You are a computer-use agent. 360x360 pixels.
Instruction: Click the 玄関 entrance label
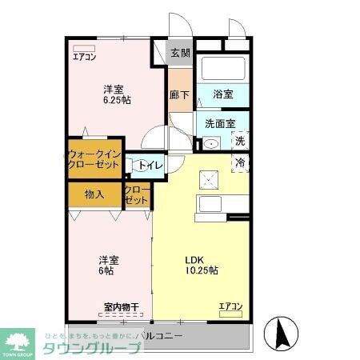point(180,54)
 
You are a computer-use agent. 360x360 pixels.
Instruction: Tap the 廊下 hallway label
point(180,94)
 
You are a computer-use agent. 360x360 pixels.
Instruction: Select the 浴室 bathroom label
point(222,94)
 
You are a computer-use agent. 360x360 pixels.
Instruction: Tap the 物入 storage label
point(94,194)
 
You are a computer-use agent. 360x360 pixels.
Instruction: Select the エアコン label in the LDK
point(230,306)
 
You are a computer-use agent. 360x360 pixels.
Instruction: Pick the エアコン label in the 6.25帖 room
point(85,57)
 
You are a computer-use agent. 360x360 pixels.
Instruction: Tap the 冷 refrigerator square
point(240,162)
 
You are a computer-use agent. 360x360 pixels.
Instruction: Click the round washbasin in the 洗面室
point(211,145)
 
